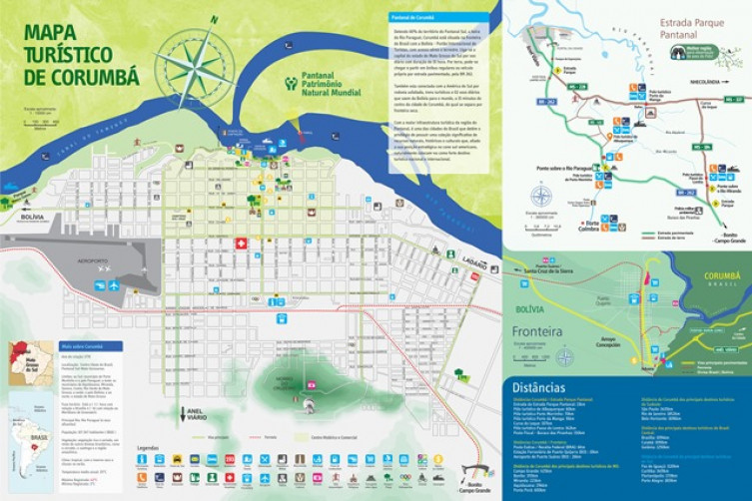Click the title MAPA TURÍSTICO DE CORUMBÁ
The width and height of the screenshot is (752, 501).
pyautogui.click(x=81, y=54)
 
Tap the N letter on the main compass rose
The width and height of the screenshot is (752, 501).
pyautogui.click(x=214, y=19)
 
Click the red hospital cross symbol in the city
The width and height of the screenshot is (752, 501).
pyautogui.click(x=240, y=244)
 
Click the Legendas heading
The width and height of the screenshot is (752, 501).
pyautogui.click(x=148, y=447)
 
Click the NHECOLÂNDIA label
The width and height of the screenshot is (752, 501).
pyautogui.click(x=702, y=83)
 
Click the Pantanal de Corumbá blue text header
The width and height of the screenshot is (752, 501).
pyautogui.click(x=415, y=18)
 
